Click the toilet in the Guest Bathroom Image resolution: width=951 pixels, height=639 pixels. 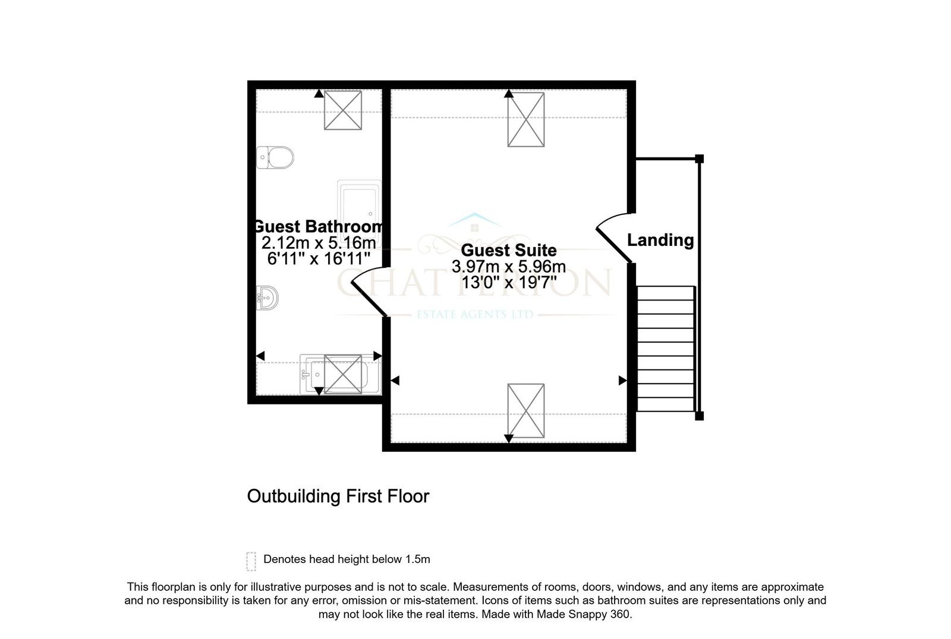275,158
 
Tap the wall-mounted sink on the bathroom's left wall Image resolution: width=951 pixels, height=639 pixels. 267,298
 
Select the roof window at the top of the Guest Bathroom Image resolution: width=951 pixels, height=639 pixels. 343,110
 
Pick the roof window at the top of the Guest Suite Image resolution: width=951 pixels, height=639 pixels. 526,119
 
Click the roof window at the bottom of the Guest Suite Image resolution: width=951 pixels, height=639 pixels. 526,411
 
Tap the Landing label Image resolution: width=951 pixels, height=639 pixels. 660,240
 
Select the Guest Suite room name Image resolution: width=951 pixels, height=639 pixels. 509,251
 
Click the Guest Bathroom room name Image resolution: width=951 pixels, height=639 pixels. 319,227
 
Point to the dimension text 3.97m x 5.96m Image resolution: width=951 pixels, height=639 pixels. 509,267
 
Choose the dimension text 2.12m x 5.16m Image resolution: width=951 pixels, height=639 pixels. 319,243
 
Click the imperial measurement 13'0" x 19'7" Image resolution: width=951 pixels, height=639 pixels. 509,282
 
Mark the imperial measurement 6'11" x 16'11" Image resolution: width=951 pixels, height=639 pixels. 319,258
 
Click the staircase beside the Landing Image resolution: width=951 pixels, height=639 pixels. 666,349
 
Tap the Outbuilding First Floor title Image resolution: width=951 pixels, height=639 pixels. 338,496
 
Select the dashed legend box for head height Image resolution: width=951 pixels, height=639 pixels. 251,561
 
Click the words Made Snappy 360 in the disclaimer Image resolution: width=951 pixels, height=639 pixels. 584,614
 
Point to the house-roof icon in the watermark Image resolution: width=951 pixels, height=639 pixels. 475,220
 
